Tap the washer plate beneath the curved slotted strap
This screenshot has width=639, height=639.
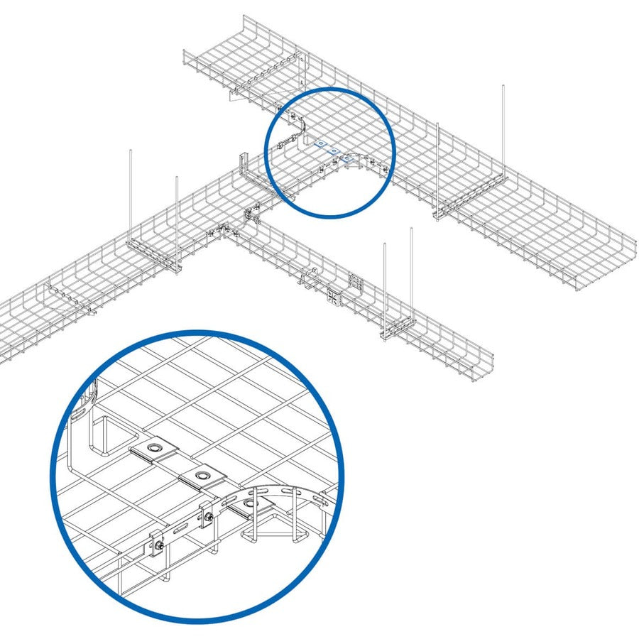[249, 506]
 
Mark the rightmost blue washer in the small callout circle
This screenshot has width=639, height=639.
[346, 159]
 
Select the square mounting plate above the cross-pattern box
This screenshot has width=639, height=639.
[355, 283]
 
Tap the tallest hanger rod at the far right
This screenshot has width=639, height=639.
[503, 128]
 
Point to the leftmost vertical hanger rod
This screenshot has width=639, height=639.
[131, 192]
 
